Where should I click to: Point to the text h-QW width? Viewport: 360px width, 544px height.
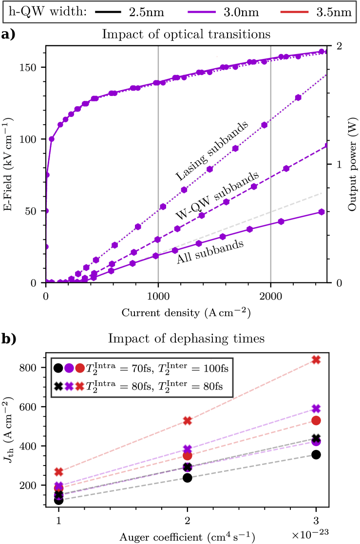[48, 12]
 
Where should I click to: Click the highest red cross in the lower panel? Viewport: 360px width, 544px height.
[316, 359]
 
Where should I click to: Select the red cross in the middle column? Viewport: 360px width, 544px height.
[188, 420]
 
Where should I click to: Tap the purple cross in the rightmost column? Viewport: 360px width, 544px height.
[316, 408]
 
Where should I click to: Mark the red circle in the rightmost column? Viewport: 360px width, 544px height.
[316, 420]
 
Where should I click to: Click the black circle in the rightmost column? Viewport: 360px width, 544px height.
[316, 454]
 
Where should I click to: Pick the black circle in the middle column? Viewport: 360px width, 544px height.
[188, 477]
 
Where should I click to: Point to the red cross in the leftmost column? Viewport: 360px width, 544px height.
[59, 471]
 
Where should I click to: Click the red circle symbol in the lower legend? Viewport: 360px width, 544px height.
[80, 368]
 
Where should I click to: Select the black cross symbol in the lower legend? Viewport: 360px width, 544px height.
[58, 386]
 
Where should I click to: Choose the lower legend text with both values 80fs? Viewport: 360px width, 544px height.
[154, 386]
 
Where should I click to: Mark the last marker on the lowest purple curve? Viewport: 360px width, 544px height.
[322, 211]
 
